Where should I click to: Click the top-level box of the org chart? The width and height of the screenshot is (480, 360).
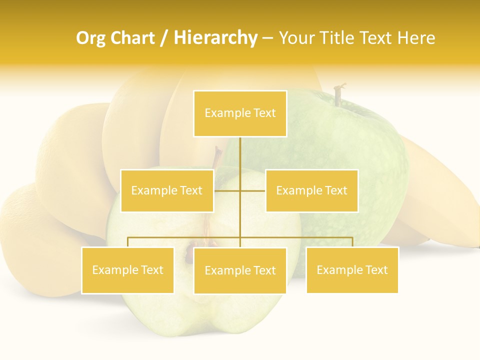[240, 113]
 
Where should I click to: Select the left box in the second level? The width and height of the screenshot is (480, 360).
[167, 190]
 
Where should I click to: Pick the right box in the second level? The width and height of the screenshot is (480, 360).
[311, 190]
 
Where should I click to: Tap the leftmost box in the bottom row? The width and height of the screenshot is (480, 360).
[127, 270]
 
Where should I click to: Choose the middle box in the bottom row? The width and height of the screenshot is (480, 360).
[240, 270]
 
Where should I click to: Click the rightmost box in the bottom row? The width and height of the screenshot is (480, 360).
[352, 270]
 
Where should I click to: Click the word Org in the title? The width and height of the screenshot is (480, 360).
[91, 38]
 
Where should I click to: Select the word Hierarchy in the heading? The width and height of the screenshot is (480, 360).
[215, 38]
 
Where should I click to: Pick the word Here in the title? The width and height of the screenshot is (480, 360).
[416, 38]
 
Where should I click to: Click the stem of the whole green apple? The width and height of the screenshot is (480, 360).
[339, 94]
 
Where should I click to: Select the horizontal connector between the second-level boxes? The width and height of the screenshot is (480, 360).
[252, 190]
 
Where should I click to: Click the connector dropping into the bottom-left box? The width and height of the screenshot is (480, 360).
[128, 242]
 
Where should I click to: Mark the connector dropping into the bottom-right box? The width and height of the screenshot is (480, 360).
[352, 242]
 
